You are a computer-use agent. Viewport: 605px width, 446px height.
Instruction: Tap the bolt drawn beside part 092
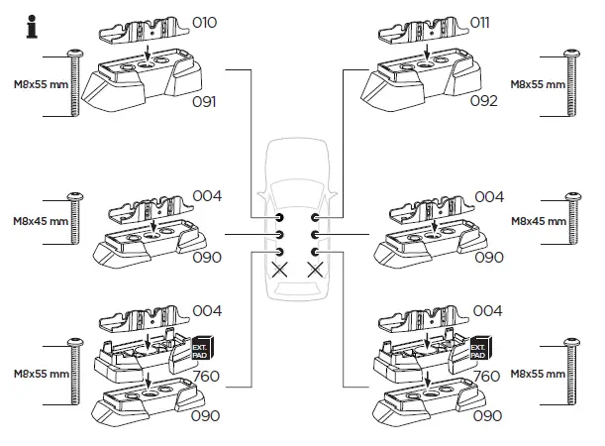point(570,83)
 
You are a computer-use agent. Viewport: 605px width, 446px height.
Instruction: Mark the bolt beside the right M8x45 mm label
point(570,217)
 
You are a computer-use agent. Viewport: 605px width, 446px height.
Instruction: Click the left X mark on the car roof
point(280,268)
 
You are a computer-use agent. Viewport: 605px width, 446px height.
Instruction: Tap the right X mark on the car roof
point(316,268)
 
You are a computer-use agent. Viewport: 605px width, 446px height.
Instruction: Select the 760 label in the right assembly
point(487,377)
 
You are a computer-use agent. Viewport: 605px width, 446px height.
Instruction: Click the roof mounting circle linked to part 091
point(280,217)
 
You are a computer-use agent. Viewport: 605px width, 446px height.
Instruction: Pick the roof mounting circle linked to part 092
point(316,217)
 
